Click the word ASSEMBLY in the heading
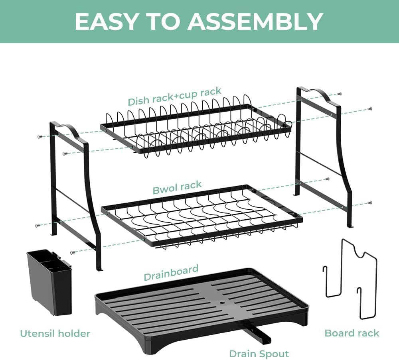click(255, 22)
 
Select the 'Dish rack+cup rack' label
click(174, 97)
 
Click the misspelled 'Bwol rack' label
click(177, 187)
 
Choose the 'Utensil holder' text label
click(55, 333)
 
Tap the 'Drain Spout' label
click(259, 353)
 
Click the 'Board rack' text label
click(352, 333)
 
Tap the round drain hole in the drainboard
click(222, 303)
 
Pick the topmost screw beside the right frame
click(339, 94)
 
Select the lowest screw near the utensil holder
click(72, 252)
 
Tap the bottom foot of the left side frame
click(98, 268)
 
